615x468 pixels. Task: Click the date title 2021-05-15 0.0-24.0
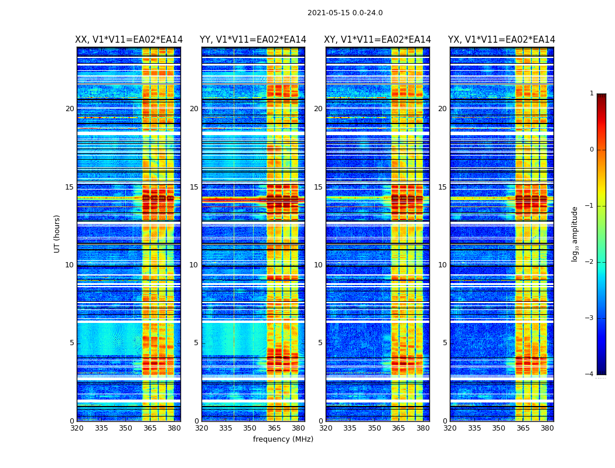pyautogui.click(x=345, y=13)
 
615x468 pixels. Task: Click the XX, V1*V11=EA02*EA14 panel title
pyautogui.click(x=129, y=40)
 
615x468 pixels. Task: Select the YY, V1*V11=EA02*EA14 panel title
pyautogui.click(x=253, y=40)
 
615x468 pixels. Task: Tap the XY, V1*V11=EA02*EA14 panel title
pyautogui.click(x=377, y=40)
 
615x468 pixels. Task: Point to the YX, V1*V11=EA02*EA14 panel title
pyautogui.click(x=501, y=40)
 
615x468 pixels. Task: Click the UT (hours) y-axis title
pyautogui.click(x=57, y=233)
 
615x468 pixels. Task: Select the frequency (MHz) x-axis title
pyautogui.click(x=283, y=439)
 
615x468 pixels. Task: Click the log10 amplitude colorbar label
pyautogui.click(x=575, y=233)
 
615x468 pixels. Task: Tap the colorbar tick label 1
pyautogui.click(x=592, y=94)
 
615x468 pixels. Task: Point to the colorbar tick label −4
pyautogui.click(x=590, y=374)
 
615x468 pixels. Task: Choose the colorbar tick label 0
pyautogui.click(x=592, y=150)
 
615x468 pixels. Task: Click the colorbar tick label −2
pyautogui.click(x=590, y=262)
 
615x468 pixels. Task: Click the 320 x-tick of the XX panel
pyautogui.click(x=77, y=428)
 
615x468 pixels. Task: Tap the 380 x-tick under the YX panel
pyautogui.click(x=547, y=428)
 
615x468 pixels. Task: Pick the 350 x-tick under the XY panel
pyautogui.click(x=374, y=428)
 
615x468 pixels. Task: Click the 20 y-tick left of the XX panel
pyautogui.click(x=70, y=109)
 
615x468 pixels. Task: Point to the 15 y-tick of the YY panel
pyautogui.click(x=194, y=187)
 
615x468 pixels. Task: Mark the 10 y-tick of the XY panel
pyautogui.click(x=318, y=265)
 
